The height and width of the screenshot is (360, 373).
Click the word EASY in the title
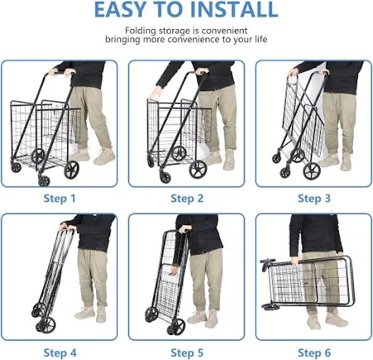[119, 9]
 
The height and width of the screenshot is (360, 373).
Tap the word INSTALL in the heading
[235, 9]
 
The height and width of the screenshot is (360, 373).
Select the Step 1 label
[60, 198]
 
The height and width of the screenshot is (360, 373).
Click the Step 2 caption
[186, 198]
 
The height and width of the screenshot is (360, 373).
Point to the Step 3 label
[314, 198]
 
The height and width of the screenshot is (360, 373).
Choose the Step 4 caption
[60, 353]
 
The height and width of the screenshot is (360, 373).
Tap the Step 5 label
[186, 353]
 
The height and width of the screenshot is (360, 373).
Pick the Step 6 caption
[314, 353]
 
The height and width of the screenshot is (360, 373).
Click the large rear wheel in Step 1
[71, 170]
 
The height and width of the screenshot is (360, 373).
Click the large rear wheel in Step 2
[198, 169]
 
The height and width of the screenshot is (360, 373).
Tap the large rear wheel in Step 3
[312, 171]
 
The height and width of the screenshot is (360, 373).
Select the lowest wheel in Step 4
[47, 324]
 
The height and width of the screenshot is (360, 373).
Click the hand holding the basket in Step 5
[173, 270]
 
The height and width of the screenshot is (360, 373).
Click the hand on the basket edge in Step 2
[155, 93]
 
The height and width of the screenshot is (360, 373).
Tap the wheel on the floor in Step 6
[271, 307]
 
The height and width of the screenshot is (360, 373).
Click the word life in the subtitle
[261, 39]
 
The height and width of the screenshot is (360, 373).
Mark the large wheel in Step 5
[177, 327]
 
